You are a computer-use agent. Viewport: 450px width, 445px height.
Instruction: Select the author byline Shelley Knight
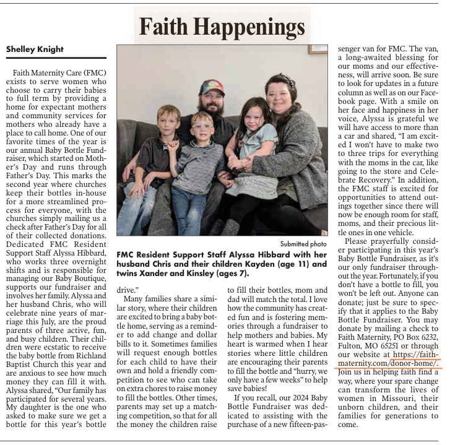35,49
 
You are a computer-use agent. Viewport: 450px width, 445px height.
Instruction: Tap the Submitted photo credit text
303,244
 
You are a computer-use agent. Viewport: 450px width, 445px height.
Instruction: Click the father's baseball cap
213,87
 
